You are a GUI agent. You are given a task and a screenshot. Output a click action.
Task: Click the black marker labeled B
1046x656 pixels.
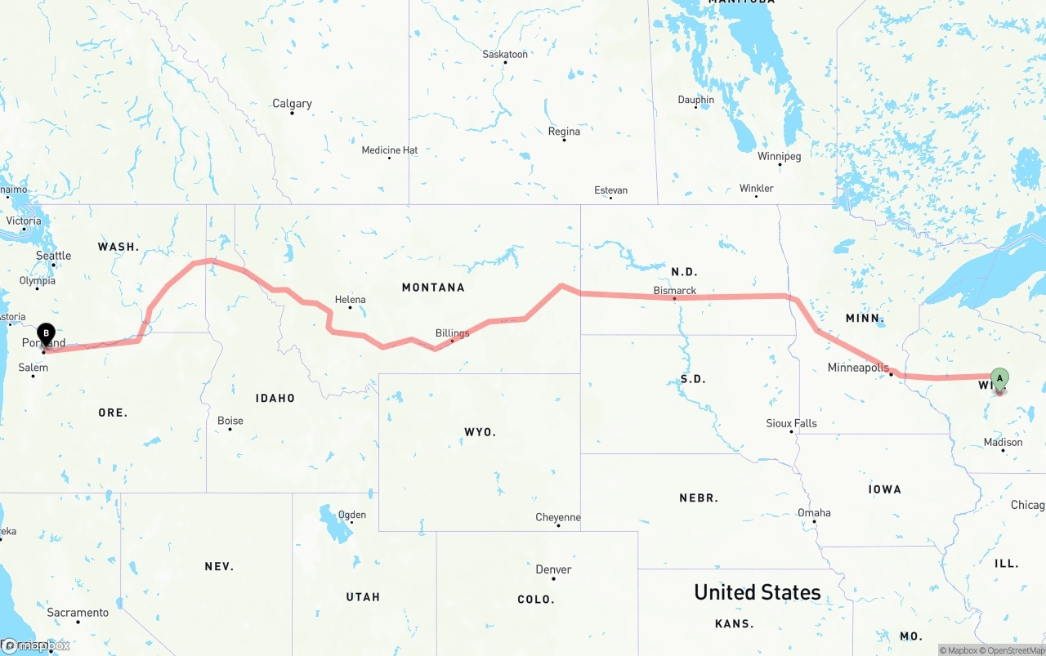coord(47,334)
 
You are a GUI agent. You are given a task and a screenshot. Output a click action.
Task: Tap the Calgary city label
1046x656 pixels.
coord(292,104)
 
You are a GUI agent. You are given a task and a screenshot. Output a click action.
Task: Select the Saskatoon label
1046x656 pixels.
coord(505,55)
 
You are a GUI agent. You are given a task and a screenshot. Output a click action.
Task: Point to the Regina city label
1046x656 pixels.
coord(564,132)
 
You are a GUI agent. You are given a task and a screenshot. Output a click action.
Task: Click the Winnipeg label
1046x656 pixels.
coord(779,156)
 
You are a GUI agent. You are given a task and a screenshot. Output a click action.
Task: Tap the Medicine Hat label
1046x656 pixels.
coord(390,150)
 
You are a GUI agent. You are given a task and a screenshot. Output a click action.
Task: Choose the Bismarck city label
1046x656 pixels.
coord(675,291)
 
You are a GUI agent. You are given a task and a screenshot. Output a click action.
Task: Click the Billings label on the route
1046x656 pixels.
coord(452,333)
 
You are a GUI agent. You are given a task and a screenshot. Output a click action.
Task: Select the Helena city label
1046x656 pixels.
coord(350,300)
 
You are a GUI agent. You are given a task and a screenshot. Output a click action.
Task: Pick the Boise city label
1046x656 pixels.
coord(230,422)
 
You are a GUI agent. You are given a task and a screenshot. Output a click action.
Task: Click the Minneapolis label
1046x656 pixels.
coord(858,368)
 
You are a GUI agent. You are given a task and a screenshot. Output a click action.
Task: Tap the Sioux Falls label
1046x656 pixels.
coord(791,423)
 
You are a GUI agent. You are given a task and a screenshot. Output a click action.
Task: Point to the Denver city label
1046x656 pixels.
coord(553,569)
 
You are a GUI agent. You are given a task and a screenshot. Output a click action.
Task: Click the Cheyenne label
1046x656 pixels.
coord(558,517)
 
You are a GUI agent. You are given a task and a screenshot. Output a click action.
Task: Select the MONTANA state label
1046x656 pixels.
coord(433,288)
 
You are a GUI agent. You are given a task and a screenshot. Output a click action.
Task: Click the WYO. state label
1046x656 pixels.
coord(480,432)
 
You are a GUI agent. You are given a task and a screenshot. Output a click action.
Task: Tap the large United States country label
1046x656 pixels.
coord(757,592)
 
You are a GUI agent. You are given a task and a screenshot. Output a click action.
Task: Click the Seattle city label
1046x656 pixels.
coord(54,256)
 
